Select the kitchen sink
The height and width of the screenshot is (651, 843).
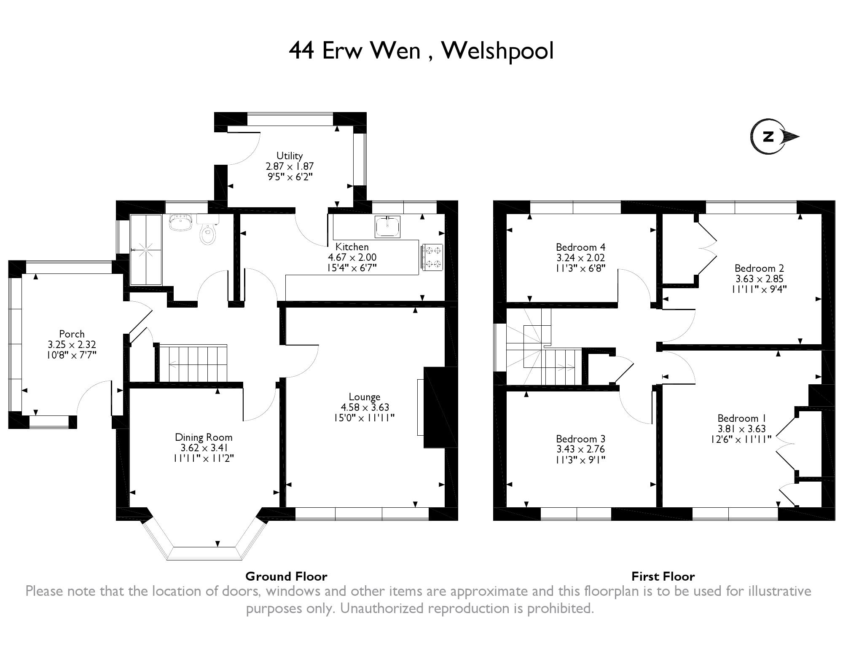387,226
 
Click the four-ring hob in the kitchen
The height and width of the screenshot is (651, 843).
431,257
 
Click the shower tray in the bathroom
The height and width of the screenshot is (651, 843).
146,250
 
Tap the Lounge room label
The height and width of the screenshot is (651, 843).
365,397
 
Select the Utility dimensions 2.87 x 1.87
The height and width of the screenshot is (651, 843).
290,166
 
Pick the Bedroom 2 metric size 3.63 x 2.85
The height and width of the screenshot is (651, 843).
760,279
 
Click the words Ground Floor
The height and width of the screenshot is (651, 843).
286,576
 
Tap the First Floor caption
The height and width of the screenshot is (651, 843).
663,576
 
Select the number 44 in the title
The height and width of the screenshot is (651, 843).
301,51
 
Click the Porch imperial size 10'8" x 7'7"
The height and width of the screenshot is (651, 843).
72,355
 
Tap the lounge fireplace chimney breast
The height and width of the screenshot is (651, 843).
440,407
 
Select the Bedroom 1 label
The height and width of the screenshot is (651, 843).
742,418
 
